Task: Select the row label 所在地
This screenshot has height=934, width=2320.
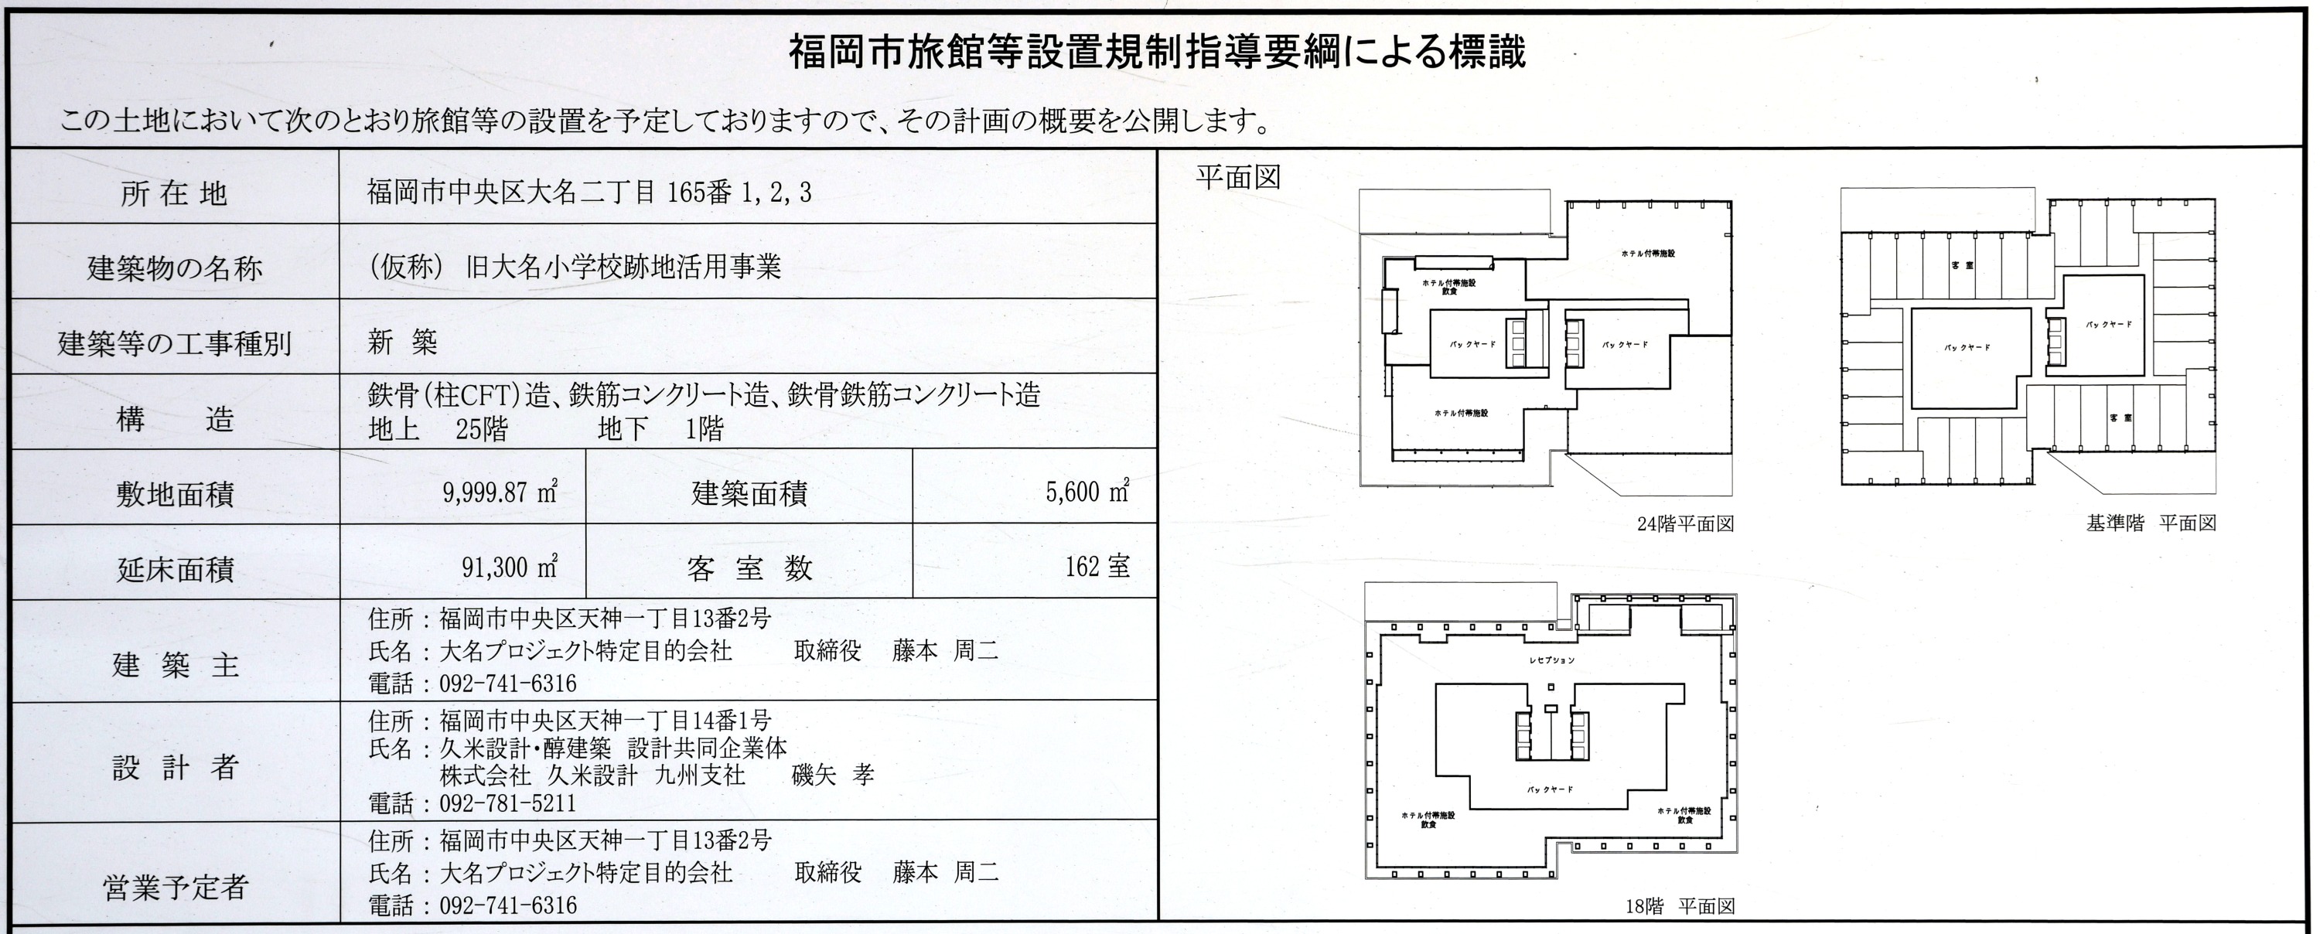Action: click(173, 193)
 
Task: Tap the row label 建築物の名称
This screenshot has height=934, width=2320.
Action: click(175, 268)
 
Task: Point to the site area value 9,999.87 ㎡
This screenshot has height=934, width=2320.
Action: click(500, 493)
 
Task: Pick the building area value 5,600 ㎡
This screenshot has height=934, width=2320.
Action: click(1087, 493)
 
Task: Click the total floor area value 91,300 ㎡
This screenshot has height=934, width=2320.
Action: click(510, 568)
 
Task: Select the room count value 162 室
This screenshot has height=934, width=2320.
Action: click(1097, 567)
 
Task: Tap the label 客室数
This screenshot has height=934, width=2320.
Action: click(749, 568)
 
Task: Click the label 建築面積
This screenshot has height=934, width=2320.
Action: click(749, 493)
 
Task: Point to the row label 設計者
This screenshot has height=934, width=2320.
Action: click(175, 767)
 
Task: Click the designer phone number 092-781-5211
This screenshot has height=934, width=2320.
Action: click(507, 803)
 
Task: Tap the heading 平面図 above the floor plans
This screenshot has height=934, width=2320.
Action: click(1237, 177)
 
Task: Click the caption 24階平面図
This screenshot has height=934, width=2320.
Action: click(1685, 524)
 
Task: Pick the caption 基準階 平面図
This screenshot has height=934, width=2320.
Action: click(2151, 523)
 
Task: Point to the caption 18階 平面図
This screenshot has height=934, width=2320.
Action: click(1680, 907)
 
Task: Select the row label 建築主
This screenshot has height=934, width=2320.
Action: click(175, 666)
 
